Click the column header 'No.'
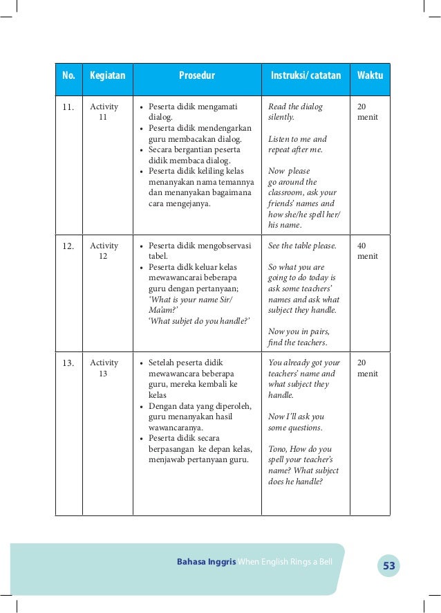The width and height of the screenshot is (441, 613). tap(68, 76)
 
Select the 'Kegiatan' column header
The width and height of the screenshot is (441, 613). tap(107, 76)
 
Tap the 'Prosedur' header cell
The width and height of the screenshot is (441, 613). tap(197, 76)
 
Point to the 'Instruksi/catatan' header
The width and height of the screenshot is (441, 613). tap(306, 76)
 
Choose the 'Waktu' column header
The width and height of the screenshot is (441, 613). tap(370, 76)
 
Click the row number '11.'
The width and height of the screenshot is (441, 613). tap(68, 107)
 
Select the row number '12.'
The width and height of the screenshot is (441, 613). tap(68, 246)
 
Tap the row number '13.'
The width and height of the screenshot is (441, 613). tap(68, 363)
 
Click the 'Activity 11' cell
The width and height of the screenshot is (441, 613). tap(104, 112)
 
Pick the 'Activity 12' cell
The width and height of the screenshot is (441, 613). tap(104, 251)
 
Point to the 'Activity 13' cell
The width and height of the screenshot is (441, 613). tap(104, 368)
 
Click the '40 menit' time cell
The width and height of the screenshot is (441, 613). tap(367, 251)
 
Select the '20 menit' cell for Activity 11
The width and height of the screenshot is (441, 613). tap(367, 112)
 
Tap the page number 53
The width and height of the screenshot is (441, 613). tap(389, 567)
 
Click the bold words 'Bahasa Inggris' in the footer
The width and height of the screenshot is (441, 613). tap(207, 561)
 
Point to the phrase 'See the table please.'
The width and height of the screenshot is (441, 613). tap(302, 246)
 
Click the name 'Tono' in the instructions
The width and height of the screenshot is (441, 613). tap(279, 449)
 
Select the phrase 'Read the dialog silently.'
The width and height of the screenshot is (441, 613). tap(295, 112)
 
